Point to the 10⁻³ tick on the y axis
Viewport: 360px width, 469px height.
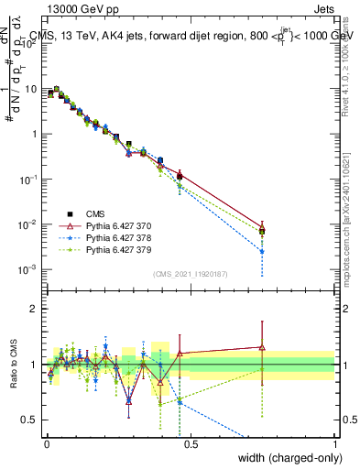click(27, 269)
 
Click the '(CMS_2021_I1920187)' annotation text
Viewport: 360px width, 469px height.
click(191, 272)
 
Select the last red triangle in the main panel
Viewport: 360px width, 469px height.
click(262, 229)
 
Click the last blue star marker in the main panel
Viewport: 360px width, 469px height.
click(262, 251)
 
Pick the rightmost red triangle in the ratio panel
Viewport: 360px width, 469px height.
click(262, 347)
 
